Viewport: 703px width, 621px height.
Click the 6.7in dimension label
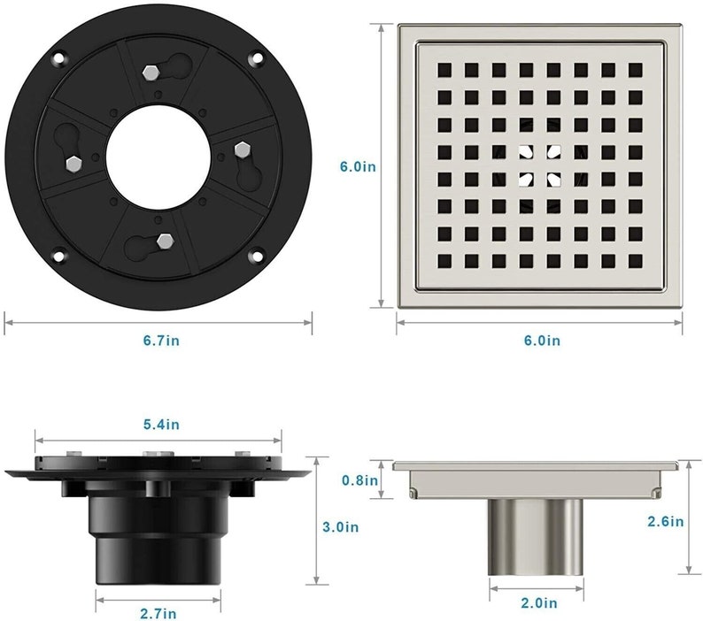pos(158,339)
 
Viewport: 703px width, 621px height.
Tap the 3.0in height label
pos(339,527)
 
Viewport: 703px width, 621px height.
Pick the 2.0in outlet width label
pos(538,603)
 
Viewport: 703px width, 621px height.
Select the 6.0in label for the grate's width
pos(541,339)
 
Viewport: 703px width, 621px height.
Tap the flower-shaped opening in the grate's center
pos(539,165)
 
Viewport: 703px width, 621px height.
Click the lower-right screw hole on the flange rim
pos(256,257)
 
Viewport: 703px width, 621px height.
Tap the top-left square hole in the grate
pos(443,69)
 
